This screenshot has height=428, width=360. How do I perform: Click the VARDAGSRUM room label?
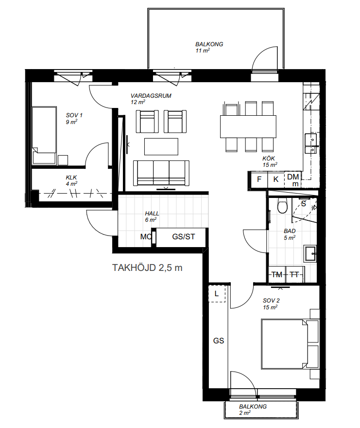pos(151,96)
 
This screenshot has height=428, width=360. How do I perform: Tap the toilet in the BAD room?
pos(282,206)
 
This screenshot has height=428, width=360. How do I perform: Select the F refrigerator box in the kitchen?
pos(259,179)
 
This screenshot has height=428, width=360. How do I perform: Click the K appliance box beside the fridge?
pos(276,179)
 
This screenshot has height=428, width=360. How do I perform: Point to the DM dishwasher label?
pos(293,177)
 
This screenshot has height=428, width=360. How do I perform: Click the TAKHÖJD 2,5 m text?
pos(147,268)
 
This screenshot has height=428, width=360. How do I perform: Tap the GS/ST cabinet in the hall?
pos(181,237)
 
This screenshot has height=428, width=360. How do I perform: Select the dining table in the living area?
pos(248,126)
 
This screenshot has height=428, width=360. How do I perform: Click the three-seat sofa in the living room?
pos(161,173)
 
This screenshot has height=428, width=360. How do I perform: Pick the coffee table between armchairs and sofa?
pos(161,146)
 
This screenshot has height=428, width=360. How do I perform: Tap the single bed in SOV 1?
pos(44,135)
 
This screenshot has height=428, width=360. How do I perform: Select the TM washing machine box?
pos(277,274)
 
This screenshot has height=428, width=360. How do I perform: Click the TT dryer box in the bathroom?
pos(294,274)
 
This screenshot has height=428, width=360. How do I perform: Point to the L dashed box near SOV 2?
pos(217,294)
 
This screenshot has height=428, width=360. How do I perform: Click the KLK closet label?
pos(71,178)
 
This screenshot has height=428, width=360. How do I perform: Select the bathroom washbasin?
pos(310,253)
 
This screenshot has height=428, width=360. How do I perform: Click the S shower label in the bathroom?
pos(304,203)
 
